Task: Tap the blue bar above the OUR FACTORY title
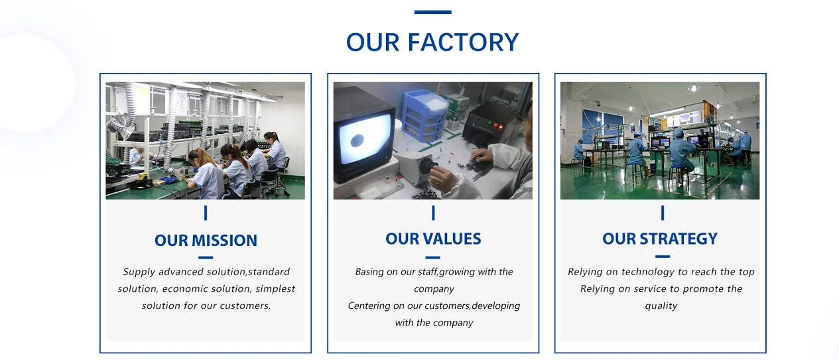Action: (432, 12)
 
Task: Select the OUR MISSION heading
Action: (206, 240)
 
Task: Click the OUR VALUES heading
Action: (433, 239)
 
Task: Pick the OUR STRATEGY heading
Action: (660, 239)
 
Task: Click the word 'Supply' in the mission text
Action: (139, 272)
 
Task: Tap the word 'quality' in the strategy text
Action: (661, 306)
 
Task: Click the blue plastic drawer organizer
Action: (424, 115)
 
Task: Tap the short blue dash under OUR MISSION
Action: (206, 257)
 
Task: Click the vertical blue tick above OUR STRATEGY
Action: (663, 213)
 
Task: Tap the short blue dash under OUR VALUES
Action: (433, 257)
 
